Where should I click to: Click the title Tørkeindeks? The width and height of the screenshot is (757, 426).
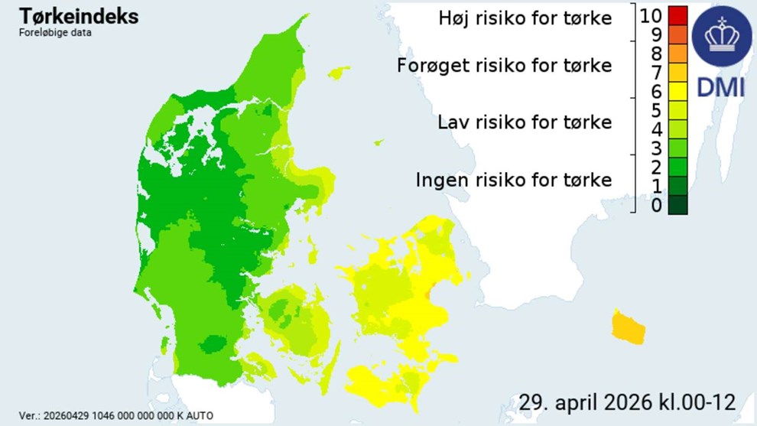pyautogui.click(x=79, y=15)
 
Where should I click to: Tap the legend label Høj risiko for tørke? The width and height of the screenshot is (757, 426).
pyautogui.click(x=526, y=18)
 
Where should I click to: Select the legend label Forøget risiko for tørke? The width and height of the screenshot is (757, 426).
pyautogui.click(x=505, y=66)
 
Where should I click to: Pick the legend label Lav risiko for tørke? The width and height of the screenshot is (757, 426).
pyautogui.click(x=525, y=122)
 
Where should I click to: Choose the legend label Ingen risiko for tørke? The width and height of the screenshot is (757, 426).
pyautogui.click(x=514, y=180)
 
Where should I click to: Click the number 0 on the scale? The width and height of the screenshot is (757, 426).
pyautogui.click(x=657, y=205)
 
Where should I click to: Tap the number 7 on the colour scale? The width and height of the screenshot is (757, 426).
pyautogui.click(x=657, y=73)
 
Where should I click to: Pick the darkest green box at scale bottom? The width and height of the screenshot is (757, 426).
pyautogui.click(x=678, y=205)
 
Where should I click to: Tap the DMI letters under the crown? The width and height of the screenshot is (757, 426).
pyautogui.click(x=720, y=87)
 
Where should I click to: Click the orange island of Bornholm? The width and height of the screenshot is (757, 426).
pyautogui.click(x=629, y=328)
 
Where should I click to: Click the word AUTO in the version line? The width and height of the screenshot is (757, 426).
pyautogui.click(x=199, y=415)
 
